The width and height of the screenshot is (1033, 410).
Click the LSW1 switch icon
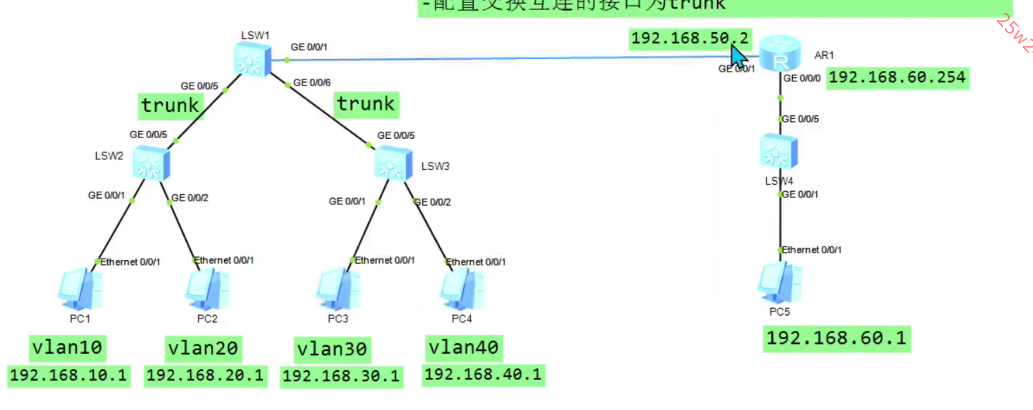252,60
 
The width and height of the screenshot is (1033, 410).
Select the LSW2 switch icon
150,163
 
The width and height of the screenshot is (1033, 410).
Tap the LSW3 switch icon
393,163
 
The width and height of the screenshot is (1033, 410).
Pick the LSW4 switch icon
779,151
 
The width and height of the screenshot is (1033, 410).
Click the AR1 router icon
779,53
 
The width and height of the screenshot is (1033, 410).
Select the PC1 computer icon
80,289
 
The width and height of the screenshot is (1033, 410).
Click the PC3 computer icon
338,289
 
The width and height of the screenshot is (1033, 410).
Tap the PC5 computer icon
779,283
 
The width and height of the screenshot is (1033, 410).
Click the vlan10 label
67,348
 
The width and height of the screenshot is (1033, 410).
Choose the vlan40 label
463,348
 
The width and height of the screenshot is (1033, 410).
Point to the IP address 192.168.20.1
205,375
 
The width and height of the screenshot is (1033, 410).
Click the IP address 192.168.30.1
341,377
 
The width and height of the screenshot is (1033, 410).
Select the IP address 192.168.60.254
897,77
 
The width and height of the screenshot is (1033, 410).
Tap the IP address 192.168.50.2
689,39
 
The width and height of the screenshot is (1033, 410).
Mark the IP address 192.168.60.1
836,339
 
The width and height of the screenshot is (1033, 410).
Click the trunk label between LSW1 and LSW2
170,106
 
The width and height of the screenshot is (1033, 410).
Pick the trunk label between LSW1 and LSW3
366,104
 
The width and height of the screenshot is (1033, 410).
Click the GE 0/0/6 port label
312,83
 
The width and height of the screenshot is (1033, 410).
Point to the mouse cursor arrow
738,57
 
